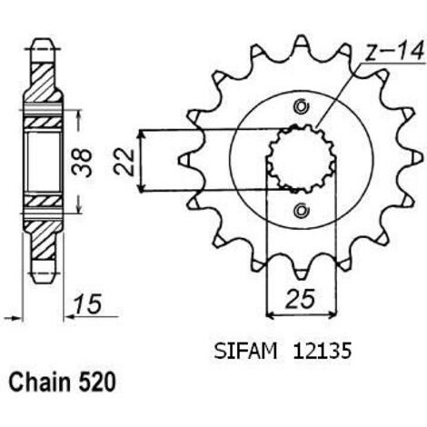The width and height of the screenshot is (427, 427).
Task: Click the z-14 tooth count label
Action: pyautogui.click(x=394, y=52)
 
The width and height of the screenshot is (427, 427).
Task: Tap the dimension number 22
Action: pyautogui.click(x=124, y=162)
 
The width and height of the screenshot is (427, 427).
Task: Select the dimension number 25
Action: pyautogui.click(x=300, y=299)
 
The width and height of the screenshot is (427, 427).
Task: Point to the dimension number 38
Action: pyautogui.click(x=82, y=162)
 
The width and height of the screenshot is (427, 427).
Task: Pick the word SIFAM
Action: pyautogui.click(x=245, y=352)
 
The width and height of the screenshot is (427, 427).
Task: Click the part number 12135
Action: pyautogui.click(x=322, y=352)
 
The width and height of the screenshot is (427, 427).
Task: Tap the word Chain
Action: pyautogui.click(x=40, y=382)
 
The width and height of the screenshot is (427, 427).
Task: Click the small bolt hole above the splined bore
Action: pyautogui.click(x=302, y=106)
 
